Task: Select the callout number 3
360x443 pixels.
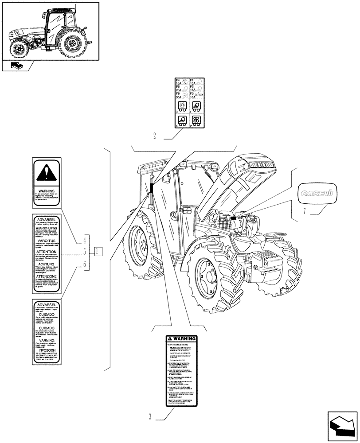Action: (150, 417)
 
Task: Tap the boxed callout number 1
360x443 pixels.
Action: (98, 252)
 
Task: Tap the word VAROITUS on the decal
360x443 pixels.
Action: (47, 239)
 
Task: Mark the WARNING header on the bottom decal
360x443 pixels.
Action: (182, 339)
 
